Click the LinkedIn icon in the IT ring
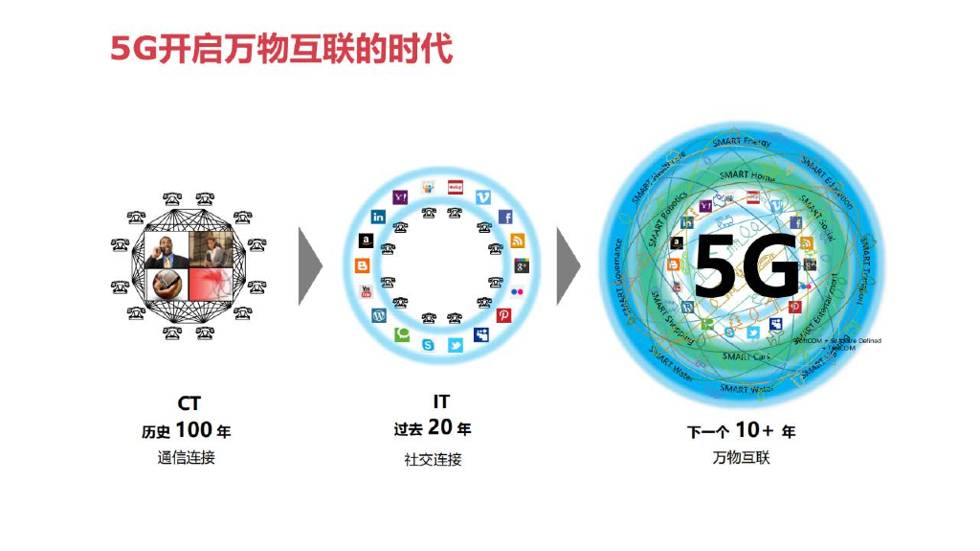coord(378,218)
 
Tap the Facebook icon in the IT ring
coord(505,218)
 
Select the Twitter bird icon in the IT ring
coord(456,345)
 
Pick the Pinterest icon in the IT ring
coord(504,314)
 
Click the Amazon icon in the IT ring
coord(365,241)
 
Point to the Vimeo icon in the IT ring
coord(482,196)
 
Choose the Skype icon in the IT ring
coord(428,345)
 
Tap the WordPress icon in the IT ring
coord(378,314)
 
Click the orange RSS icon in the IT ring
coord(518,241)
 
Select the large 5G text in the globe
coord(746,263)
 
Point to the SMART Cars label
coord(746,356)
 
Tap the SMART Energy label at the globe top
coord(741,142)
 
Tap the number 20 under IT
coord(440,427)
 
